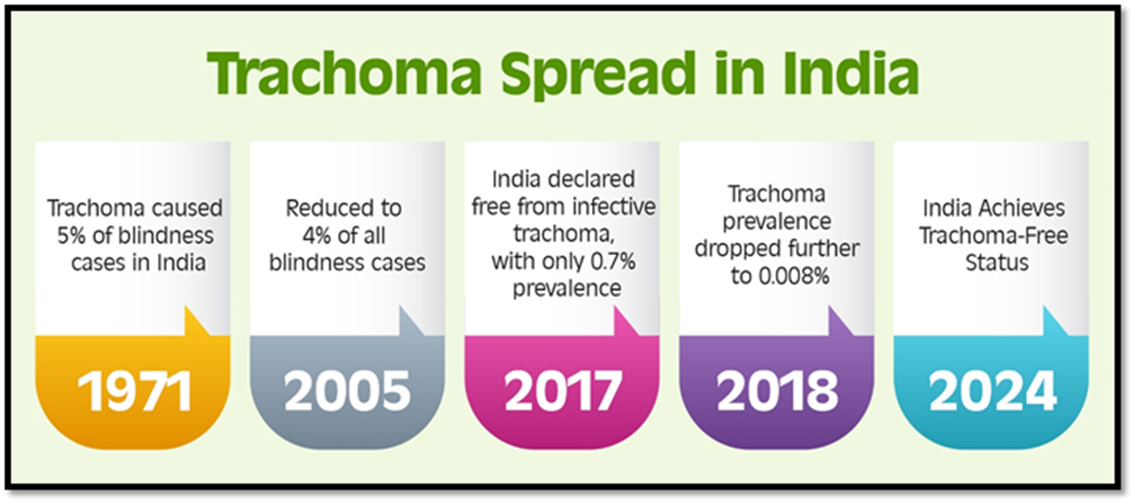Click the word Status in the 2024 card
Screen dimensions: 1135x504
tap(997, 262)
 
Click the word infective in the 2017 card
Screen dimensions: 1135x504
tap(617, 206)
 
